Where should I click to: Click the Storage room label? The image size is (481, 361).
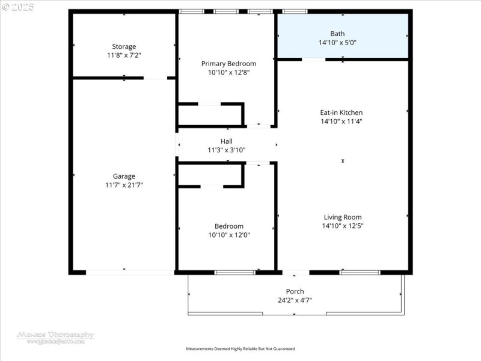point(124,46)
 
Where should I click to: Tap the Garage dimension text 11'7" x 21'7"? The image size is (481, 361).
point(124,185)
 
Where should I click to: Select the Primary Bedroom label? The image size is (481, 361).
point(228,63)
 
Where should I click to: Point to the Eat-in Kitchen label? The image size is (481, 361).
point(341,113)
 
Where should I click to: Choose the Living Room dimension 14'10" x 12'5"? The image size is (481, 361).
point(343,226)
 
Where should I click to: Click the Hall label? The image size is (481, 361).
point(227,141)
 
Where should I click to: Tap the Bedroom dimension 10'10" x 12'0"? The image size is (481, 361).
point(228,235)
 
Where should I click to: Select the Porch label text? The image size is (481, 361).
point(295,291)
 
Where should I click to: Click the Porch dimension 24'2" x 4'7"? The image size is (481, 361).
point(295,300)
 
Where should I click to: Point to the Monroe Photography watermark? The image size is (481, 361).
point(55,336)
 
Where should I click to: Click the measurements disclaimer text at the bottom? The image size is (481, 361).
point(240,348)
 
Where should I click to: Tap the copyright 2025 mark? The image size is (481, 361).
point(18,7)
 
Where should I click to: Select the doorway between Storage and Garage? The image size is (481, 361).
point(155,78)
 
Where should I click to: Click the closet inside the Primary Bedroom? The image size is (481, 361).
point(210,114)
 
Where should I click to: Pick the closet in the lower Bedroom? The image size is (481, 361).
point(210,174)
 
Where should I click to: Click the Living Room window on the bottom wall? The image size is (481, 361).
point(360,273)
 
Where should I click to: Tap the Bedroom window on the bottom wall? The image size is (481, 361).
point(234,273)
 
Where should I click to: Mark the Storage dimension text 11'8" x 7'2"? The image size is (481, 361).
point(124,55)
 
